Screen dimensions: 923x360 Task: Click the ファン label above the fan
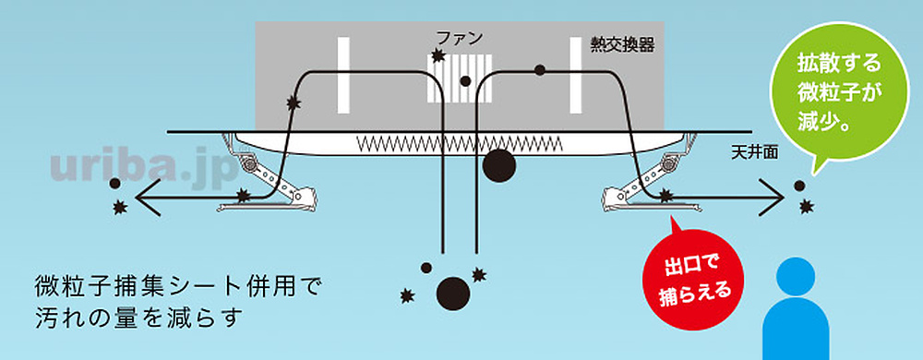click(x=459, y=39)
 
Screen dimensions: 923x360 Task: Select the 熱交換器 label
click(x=623, y=43)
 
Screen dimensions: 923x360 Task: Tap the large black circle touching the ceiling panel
click(x=499, y=165)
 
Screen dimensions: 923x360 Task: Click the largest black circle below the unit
click(x=453, y=293)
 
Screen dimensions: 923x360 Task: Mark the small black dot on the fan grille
click(x=466, y=81)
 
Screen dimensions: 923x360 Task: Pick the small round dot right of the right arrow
click(x=798, y=186)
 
